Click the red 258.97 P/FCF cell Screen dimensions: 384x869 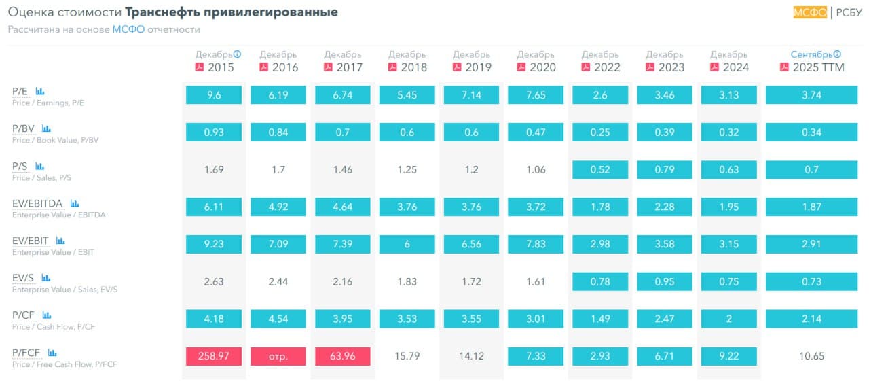[x=214, y=356]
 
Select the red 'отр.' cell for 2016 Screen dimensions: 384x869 [x=278, y=356]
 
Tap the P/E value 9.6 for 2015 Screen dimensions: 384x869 [x=214, y=95]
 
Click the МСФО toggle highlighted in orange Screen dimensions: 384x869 [x=810, y=12]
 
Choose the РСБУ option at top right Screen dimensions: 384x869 [x=849, y=12]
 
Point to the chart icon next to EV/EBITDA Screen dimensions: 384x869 [x=75, y=203]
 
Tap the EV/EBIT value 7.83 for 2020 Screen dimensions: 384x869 [x=536, y=245]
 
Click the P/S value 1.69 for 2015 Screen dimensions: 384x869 [x=214, y=170]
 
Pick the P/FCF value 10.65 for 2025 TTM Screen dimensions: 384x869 [x=811, y=356]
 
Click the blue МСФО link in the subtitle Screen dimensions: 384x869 [x=128, y=29]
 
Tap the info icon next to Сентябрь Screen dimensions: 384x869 [x=837, y=54]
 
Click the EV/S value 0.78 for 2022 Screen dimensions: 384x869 [x=600, y=281]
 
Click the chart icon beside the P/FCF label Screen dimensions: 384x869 [x=52, y=352]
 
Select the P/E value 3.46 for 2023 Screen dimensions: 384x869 [x=665, y=95]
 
